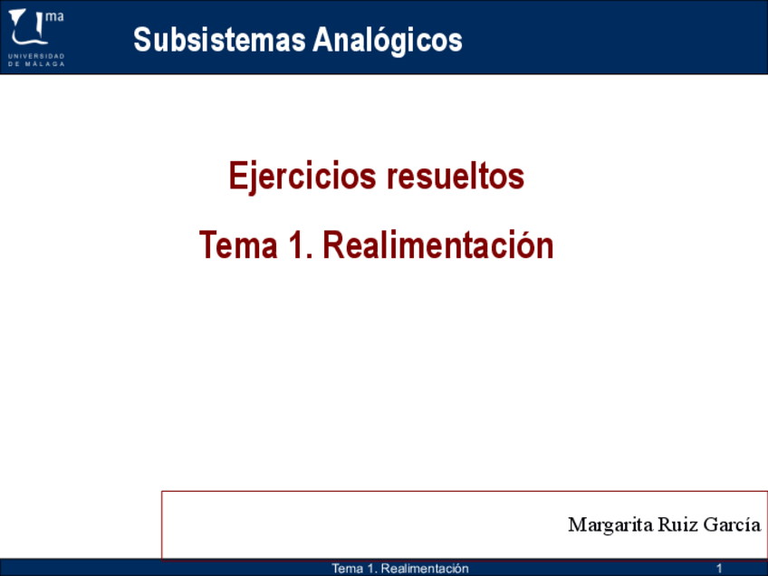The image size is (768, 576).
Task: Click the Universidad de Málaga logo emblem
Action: (x=28, y=27)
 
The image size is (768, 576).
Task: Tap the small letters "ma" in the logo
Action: (x=55, y=16)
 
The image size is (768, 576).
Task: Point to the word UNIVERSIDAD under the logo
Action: (x=36, y=56)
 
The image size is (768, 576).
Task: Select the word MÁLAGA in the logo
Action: (x=45, y=63)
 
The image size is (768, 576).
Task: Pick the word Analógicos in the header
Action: (x=388, y=40)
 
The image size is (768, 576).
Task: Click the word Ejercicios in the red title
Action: (x=302, y=177)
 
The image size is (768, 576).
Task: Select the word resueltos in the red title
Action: (x=456, y=177)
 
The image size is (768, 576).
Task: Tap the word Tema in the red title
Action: (x=238, y=245)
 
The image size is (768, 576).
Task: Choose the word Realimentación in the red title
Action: (x=437, y=245)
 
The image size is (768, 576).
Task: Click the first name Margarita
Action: (x=610, y=525)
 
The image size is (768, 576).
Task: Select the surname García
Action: (x=732, y=524)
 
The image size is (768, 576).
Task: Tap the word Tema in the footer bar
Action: (x=347, y=569)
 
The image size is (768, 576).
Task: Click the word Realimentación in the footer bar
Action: (x=425, y=569)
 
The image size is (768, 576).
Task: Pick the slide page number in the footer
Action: (x=719, y=569)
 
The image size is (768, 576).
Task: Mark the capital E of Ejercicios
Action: (x=237, y=176)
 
